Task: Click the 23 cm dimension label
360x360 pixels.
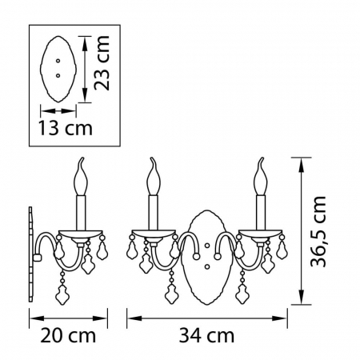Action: (102, 63)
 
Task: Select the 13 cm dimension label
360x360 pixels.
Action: (66, 128)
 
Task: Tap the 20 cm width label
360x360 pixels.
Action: (68, 335)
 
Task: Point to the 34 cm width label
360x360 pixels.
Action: (206, 335)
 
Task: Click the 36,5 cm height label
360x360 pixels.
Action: (318, 231)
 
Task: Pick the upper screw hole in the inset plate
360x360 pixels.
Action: (58, 61)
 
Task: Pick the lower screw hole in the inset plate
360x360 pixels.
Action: (58, 76)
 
